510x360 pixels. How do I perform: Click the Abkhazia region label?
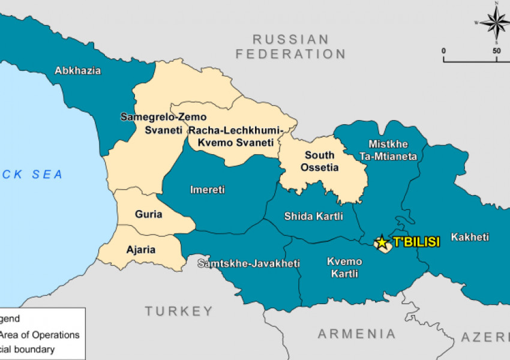78,71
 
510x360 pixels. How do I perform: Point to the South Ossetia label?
319,161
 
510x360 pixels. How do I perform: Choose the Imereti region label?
208,190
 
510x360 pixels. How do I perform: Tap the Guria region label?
148,214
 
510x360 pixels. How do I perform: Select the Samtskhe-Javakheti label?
249,263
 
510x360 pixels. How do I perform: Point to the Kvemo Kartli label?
344,268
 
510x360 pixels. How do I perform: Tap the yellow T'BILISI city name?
416,242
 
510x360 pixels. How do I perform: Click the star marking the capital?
382,242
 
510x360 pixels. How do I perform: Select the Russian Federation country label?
290,47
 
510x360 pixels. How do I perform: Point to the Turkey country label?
179,311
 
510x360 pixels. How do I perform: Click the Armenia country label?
356,334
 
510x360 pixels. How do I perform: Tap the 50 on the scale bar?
497,51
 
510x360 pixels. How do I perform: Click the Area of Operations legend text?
40,335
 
